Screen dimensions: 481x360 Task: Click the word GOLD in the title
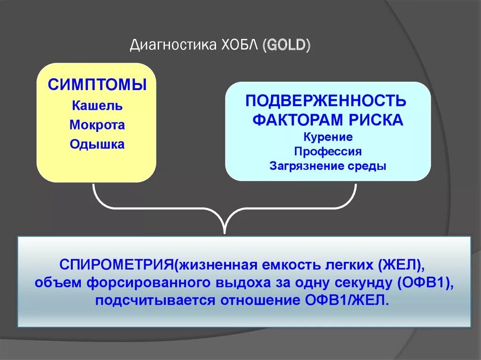tap(287, 46)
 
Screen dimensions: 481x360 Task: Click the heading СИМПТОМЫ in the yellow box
tap(97, 85)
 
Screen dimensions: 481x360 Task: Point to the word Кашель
tap(97, 106)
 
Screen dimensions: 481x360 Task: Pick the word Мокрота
tap(97, 125)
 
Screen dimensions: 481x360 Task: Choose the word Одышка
tap(97, 144)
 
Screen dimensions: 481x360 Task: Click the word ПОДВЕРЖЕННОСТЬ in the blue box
tap(326, 100)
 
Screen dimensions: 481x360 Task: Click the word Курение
tap(328, 138)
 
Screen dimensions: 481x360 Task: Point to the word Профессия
tap(328, 152)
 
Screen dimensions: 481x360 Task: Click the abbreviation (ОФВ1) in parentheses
tap(426, 283)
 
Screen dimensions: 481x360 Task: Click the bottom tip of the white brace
tap(225, 231)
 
